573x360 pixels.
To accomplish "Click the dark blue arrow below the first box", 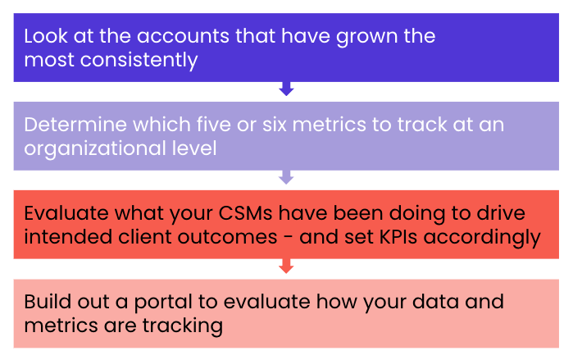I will (286, 89).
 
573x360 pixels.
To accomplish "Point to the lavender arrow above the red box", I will (286, 177).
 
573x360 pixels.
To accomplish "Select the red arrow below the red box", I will (286, 266).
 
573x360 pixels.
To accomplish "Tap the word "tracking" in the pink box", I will (178, 326).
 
